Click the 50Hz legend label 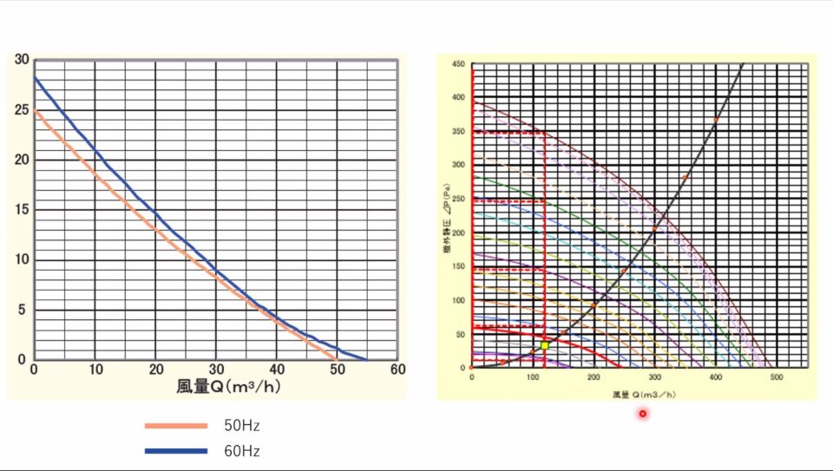coord(242,426)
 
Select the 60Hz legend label coord(242,451)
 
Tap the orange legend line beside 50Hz coord(176,426)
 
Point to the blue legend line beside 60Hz coord(176,451)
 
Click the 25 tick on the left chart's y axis coord(22,110)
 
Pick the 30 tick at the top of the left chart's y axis coord(22,60)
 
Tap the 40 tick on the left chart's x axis coord(277,370)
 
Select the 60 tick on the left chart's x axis coord(397,370)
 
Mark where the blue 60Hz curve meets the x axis coord(366,359)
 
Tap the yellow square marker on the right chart coord(545,345)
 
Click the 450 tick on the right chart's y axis coord(458,64)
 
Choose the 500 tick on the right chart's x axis coord(777,377)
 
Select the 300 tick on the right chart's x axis coord(654,377)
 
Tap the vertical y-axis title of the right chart coord(446,215)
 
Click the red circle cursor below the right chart coord(643,414)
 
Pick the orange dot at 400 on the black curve coord(716,120)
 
